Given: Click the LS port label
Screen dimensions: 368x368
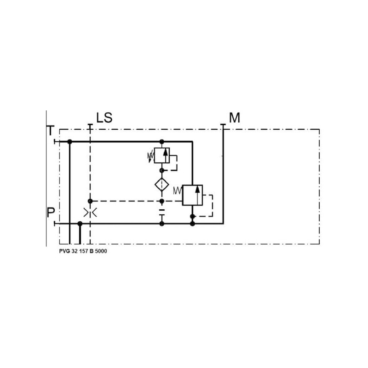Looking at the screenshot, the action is pyautogui.click(x=104, y=118).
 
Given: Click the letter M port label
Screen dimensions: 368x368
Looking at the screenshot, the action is pyautogui.click(x=235, y=118).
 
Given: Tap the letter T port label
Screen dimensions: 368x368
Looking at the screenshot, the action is pyautogui.click(x=51, y=131).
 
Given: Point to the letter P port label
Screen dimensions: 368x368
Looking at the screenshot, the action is pyautogui.click(x=51, y=213).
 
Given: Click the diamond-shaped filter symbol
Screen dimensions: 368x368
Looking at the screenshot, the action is pyautogui.click(x=162, y=184).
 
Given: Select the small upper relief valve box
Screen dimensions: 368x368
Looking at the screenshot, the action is pyautogui.click(x=162, y=155).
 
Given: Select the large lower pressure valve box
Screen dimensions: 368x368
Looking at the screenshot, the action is pyautogui.click(x=192, y=195).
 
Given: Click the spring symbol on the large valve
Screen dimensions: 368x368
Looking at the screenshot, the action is pyautogui.click(x=178, y=190).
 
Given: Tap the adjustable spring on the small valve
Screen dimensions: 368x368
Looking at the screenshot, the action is pyautogui.click(x=150, y=156).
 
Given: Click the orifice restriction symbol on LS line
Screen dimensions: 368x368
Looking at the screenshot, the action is pyautogui.click(x=90, y=213).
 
